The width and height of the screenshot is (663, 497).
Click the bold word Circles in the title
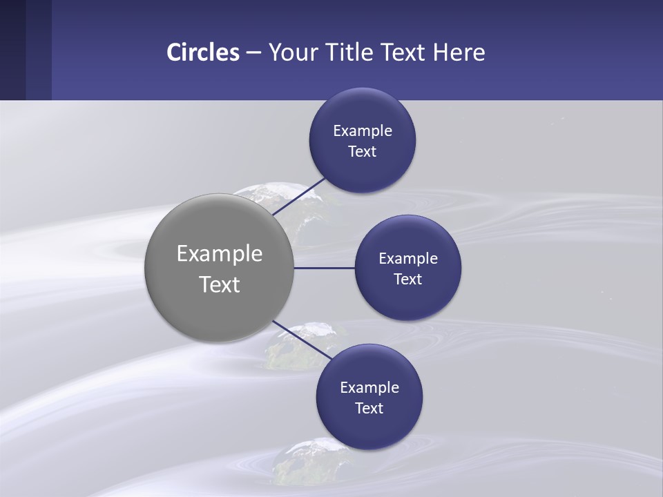coord(203,52)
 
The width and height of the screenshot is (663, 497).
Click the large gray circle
coord(220,268)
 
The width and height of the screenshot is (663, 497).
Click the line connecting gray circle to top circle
coord(300,196)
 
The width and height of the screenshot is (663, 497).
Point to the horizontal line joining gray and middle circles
coord(324,268)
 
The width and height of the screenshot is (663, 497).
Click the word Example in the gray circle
coord(220,253)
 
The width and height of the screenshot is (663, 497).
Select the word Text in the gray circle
coord(220,284)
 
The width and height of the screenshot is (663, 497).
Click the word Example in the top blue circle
coord(363,130)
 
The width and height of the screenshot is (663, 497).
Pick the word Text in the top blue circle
coord(362,151)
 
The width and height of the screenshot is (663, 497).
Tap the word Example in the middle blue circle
coord(408,258)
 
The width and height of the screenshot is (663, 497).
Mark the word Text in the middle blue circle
coord(407,279)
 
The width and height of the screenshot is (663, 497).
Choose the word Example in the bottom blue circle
coord(369,387)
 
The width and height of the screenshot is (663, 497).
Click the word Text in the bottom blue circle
coord(369,408)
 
